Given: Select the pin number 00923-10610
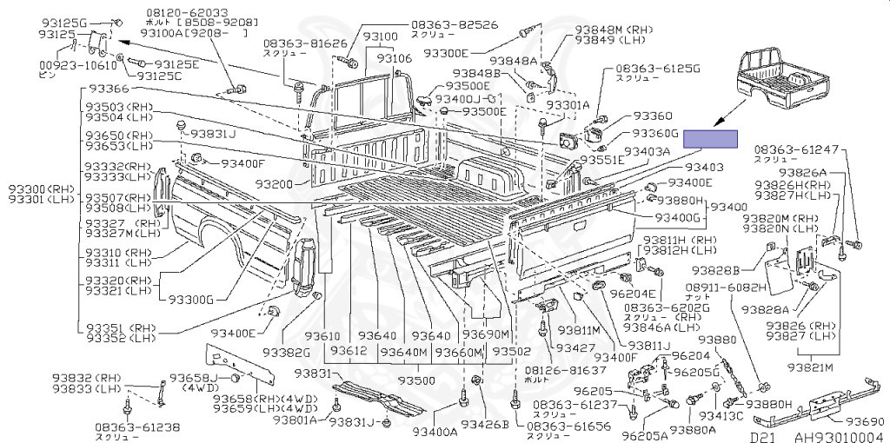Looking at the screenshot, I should coord(76,64).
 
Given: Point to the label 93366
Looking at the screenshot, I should coord(107,89).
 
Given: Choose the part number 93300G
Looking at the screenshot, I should coord(191,300).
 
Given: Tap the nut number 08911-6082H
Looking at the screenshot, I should coord(726,287).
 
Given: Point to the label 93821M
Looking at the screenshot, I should coord(812,367).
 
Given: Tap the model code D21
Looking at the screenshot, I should coord(762,437).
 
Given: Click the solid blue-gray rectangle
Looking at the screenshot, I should coord(710,139).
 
